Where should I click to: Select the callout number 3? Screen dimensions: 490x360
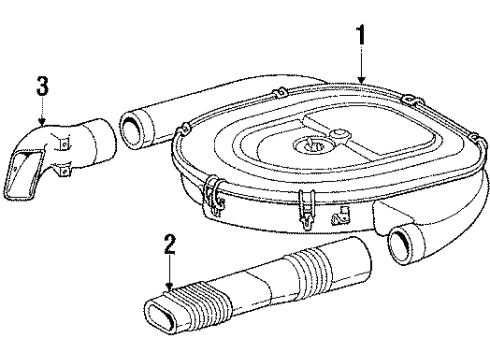42,86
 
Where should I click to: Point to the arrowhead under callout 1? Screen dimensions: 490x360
361,79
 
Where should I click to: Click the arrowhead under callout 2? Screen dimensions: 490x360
170,285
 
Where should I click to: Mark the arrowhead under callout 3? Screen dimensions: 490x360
42,121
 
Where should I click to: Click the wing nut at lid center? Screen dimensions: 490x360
311,145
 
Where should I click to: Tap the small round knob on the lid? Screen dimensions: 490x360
340,135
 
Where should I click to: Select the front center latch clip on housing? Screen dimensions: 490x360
307,210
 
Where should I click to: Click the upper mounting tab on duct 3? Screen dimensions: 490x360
63,143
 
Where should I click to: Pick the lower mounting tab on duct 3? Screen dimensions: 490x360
64,170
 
